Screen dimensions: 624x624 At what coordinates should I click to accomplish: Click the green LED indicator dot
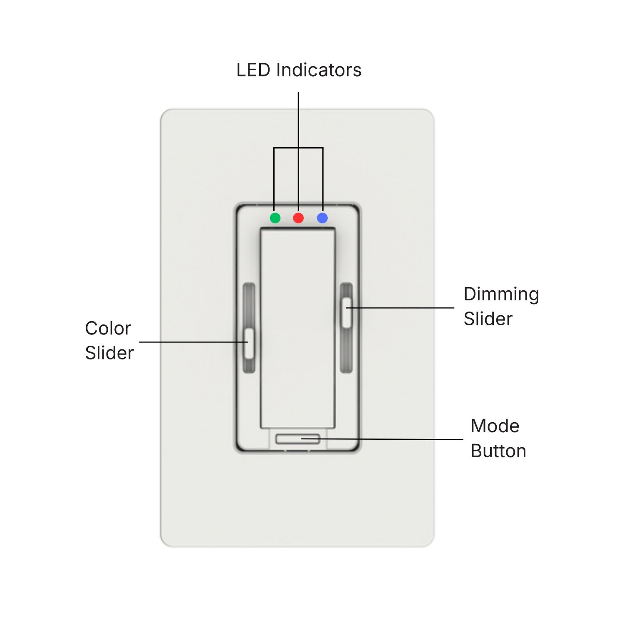[x=275, y=218]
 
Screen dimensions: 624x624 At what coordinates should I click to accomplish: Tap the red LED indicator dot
[x=298, y=218]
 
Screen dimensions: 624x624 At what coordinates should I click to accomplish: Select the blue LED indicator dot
[x=322, y=218]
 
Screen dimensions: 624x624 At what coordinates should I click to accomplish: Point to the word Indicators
[x=319, y=70]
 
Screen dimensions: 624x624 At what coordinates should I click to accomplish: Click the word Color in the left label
[x=108, y=328]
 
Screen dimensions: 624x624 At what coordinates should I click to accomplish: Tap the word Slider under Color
[x=109, y=353]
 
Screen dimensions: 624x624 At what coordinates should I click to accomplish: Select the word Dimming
[x=501, y=295]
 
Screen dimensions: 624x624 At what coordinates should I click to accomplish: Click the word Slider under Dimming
[x=488, y=319]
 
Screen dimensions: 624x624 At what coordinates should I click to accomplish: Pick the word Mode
[x=495, y=426]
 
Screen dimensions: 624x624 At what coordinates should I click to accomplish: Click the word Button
[x=498, y=451]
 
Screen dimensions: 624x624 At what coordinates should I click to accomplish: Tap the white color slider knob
[x=249, y=344]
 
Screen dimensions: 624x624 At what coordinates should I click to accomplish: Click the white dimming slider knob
[x=347, y=312]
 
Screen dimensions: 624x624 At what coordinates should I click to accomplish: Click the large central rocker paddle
[x=297, y=328]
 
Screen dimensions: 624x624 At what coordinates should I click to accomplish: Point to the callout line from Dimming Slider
[x=400, y=308]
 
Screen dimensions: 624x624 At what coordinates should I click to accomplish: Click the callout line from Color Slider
[x=194, y=342]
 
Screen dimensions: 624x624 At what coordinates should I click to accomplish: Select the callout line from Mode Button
[x=382, y=439]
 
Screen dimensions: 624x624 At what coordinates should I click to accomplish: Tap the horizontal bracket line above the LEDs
[x=298, y=148]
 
